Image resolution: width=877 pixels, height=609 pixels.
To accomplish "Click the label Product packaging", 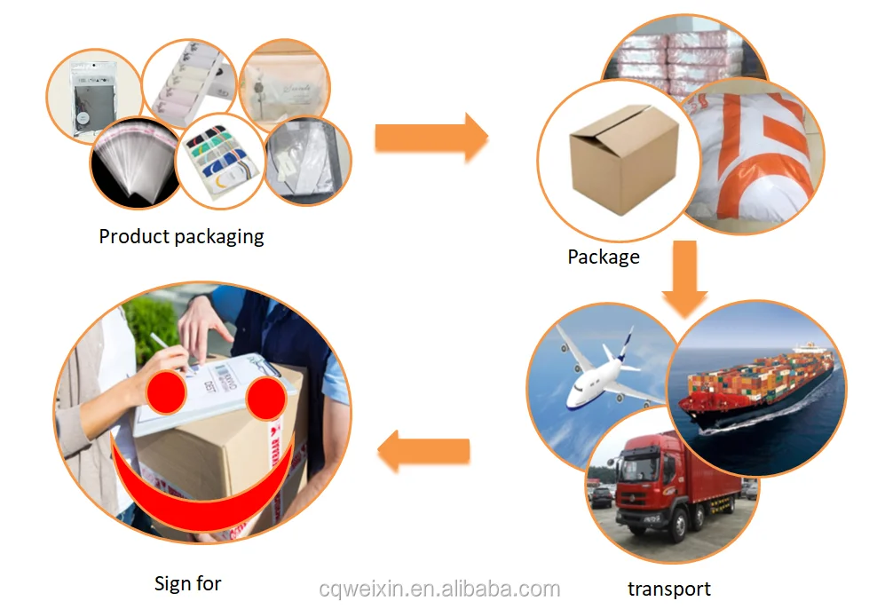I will pyautogui.click(x=181, y=237).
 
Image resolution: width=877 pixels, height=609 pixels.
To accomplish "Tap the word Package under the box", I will pyautogui.click(x=604, y=257).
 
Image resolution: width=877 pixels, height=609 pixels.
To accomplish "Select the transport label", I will pyautogui.click(x=668, y=589).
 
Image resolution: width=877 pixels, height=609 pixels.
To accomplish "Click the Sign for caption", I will pyautogui.click(x=187, y=583).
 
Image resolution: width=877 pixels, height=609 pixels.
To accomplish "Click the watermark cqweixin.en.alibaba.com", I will pyautogui.click(x=439, y=589).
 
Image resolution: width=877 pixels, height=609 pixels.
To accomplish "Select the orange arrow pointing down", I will pyautogui.click(x=684, y=277).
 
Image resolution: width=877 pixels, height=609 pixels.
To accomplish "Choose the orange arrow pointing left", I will pyautogui.click(x=424, y=452).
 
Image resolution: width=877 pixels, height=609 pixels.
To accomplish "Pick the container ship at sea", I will pyautogui.click(x=755, y=391).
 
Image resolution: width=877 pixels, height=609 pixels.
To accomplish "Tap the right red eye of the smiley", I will pyautogui.click(x=268, y=398).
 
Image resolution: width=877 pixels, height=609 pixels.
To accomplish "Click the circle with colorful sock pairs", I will pyautogui.click(x=219, y=161).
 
